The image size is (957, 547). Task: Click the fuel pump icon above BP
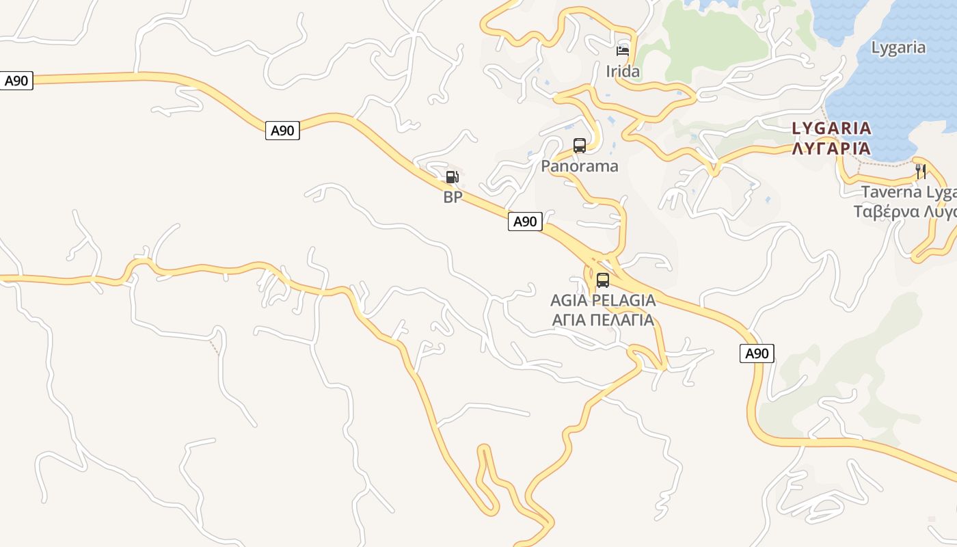pyautogui.click(x=452, y=177)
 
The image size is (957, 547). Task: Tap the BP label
pyautogui.click(x=453, y=198)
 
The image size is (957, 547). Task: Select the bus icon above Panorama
pyautogui.click(x=580, y=146)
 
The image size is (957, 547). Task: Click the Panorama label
pyautogui.click(x=580, y=166)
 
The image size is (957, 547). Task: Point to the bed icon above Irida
pyautogui.click(x=622, y=51)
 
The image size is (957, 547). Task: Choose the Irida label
pyautogui.click(x=623, y=72)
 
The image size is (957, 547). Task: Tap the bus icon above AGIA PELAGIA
pyautogui.click(x=602, y=280)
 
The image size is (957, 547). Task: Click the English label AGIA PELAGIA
pyautogui.click(x=603, y=300)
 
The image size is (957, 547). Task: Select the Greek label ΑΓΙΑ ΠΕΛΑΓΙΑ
pyautogui.click(x=603, y=320)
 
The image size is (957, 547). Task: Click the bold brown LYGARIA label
pyautogui.click(x=831, y=129)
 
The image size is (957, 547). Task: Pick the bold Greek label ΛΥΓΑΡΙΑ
pyautogui.click(x=831, y=148)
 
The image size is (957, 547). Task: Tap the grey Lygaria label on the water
pyautogui.click(x=898, y=48)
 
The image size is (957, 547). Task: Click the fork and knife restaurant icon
pyautogui.click(x=921, y=171)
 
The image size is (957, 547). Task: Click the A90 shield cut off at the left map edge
pyautogui.click(x=16, y=81)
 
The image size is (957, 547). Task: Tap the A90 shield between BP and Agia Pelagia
pyautogui.click(x=525, y=221)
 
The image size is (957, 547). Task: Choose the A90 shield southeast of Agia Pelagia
pyautogui.click(x=757, y=353)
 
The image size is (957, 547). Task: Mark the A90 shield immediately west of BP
pyautogui.click(x=282, y=131)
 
